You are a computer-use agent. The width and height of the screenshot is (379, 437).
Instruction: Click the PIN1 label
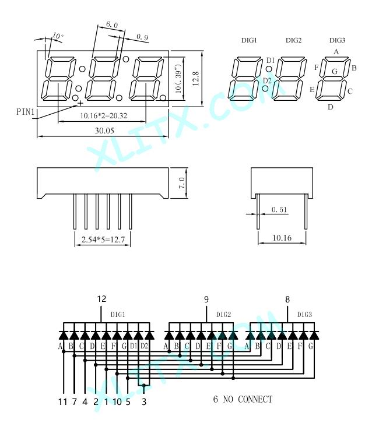[x=26, y=112]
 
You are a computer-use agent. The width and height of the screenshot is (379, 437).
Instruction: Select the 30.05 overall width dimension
[x=104, y=131]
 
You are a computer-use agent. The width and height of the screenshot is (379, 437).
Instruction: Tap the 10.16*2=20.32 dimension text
[x=104, y=116]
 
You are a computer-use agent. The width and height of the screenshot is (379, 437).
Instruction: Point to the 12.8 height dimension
[x=196, y=78]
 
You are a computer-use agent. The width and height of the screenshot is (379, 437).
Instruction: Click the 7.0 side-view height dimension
[x=181, y=183]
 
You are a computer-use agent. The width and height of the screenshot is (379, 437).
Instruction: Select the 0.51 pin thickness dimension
[x=279, y=210]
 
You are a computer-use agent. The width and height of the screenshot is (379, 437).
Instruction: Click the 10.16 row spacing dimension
[x=282, y=238]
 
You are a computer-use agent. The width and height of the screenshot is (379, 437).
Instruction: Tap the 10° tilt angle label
[x=58, y=36]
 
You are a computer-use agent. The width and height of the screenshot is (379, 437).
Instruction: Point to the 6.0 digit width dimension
[x=112, y=24]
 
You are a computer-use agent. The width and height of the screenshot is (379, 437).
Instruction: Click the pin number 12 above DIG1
[x=101, y=299]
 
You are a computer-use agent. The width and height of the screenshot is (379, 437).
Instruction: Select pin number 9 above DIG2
[x=206, y=299]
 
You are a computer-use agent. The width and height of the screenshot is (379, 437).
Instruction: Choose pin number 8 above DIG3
[x=287, y=299]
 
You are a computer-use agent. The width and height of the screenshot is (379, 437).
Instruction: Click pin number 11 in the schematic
[x=63, y=401]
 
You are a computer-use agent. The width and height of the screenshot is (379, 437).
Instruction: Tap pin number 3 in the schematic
[x=144, y=401]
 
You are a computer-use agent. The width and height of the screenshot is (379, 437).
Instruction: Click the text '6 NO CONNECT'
[x=243, y=399]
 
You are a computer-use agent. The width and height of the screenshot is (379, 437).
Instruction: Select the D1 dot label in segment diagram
[x=271, y=60]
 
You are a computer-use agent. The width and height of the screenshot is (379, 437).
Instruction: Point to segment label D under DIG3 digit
[x=331, y=107]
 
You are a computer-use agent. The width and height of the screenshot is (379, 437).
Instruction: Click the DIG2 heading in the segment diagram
[x=294, y=40]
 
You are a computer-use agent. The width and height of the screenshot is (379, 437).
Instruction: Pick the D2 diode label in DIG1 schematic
[x=144, y=346]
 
